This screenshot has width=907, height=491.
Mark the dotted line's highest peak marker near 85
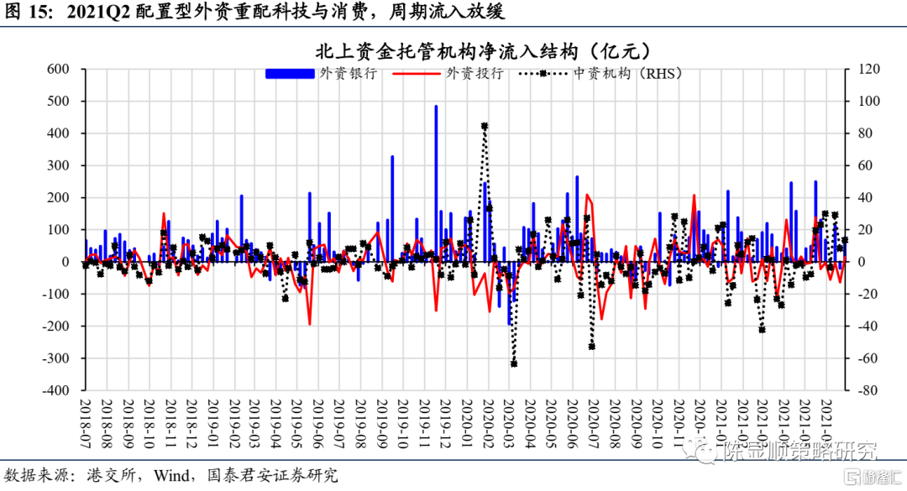[x=485, y=126]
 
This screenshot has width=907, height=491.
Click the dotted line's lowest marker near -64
[x=513, y=363]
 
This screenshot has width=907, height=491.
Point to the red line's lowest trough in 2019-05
[x=309, y=324]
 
